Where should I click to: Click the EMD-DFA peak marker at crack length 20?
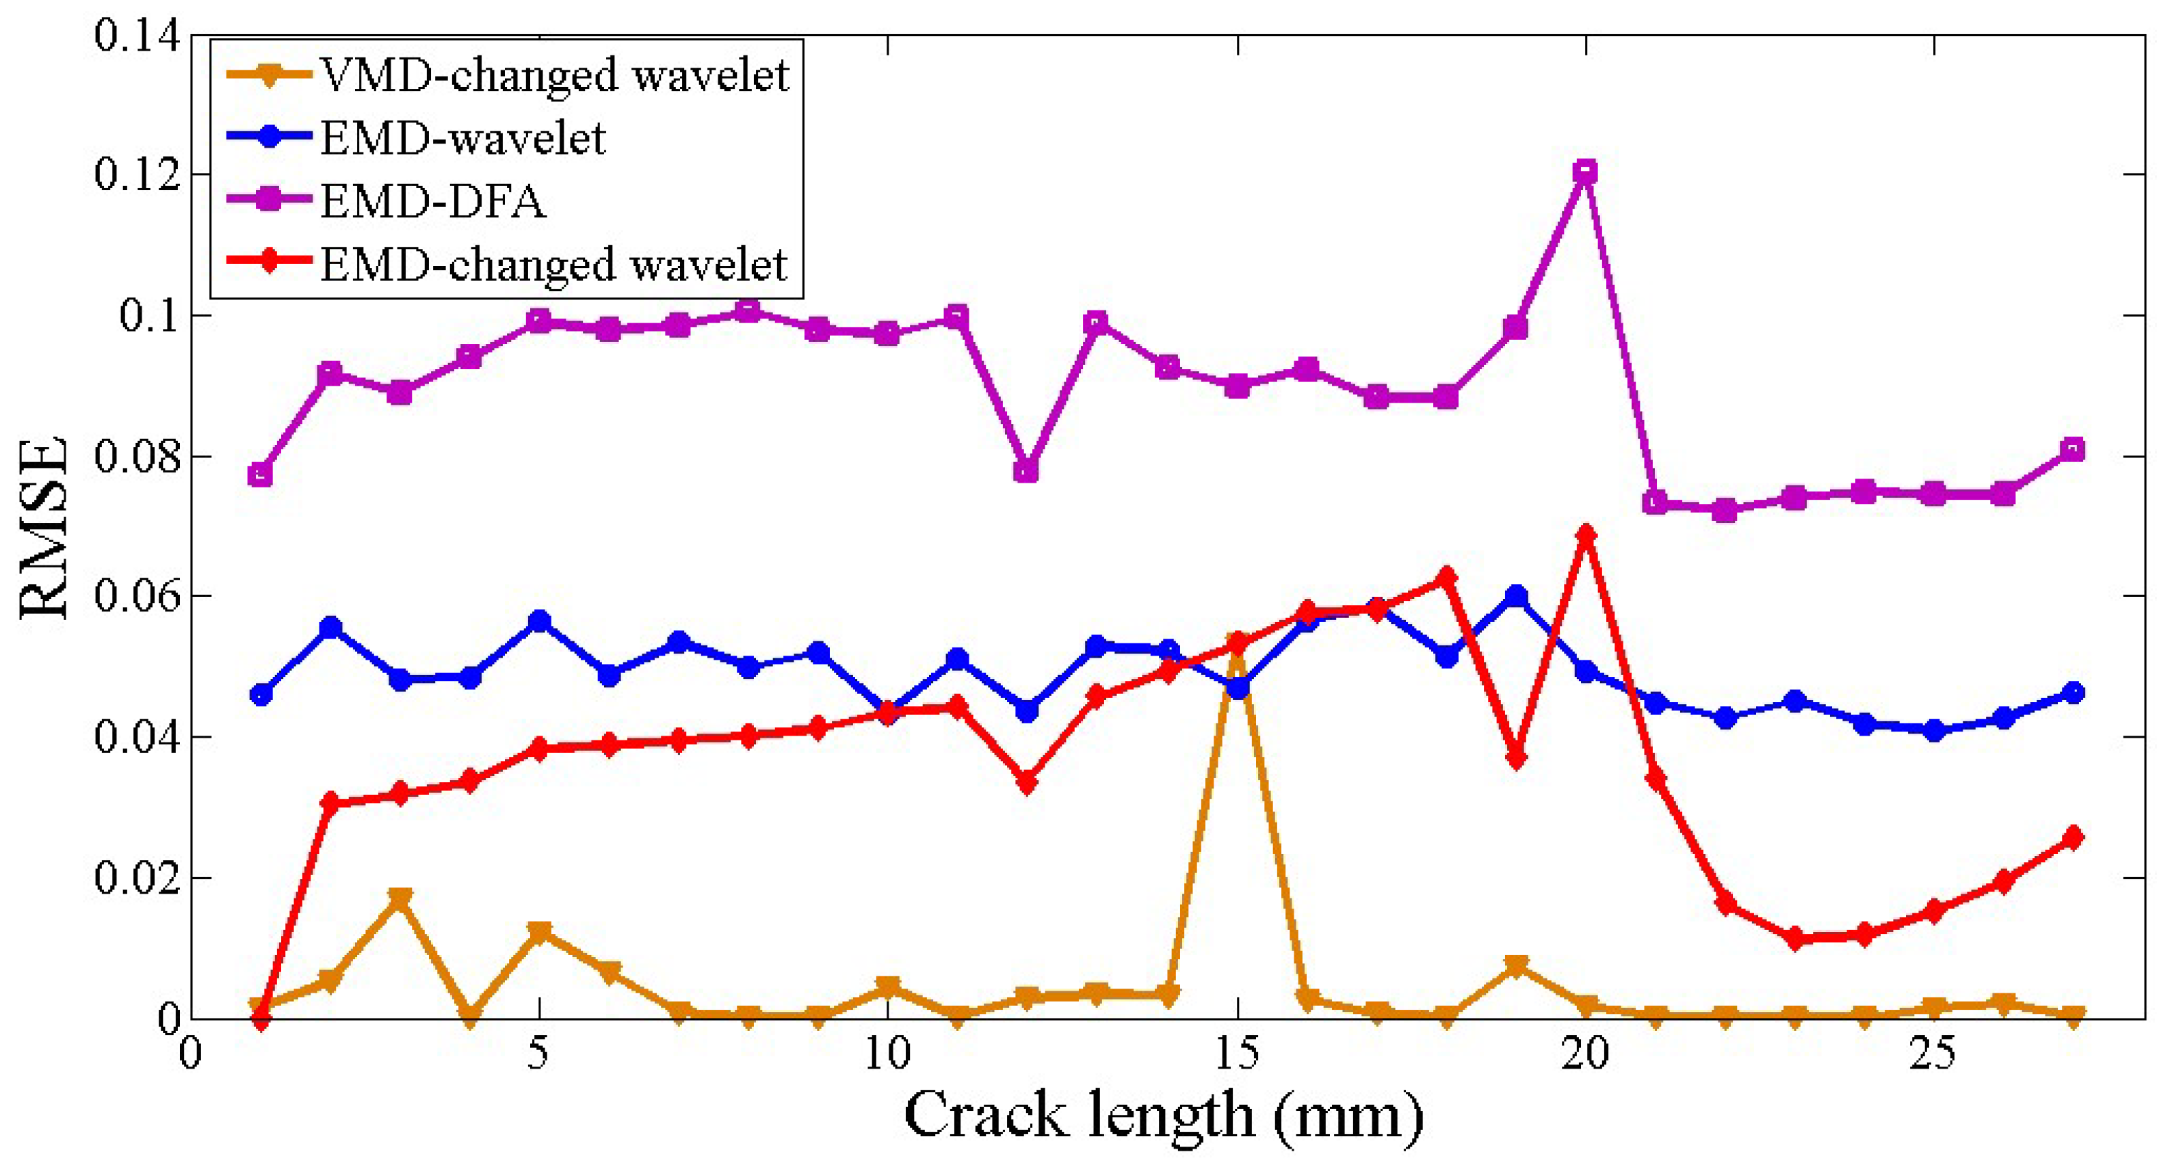(x=1585, y=172)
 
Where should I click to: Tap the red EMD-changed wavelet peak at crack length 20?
(x=1585, y=534)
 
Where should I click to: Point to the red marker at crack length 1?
(x=261, y=1019)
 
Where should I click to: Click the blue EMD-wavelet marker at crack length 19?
(x=1515, y=597)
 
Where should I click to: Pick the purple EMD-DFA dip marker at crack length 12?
(x=1027, y=471)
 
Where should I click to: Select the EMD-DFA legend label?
(x=433, y=202)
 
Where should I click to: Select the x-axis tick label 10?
(x=887, y=1054)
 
